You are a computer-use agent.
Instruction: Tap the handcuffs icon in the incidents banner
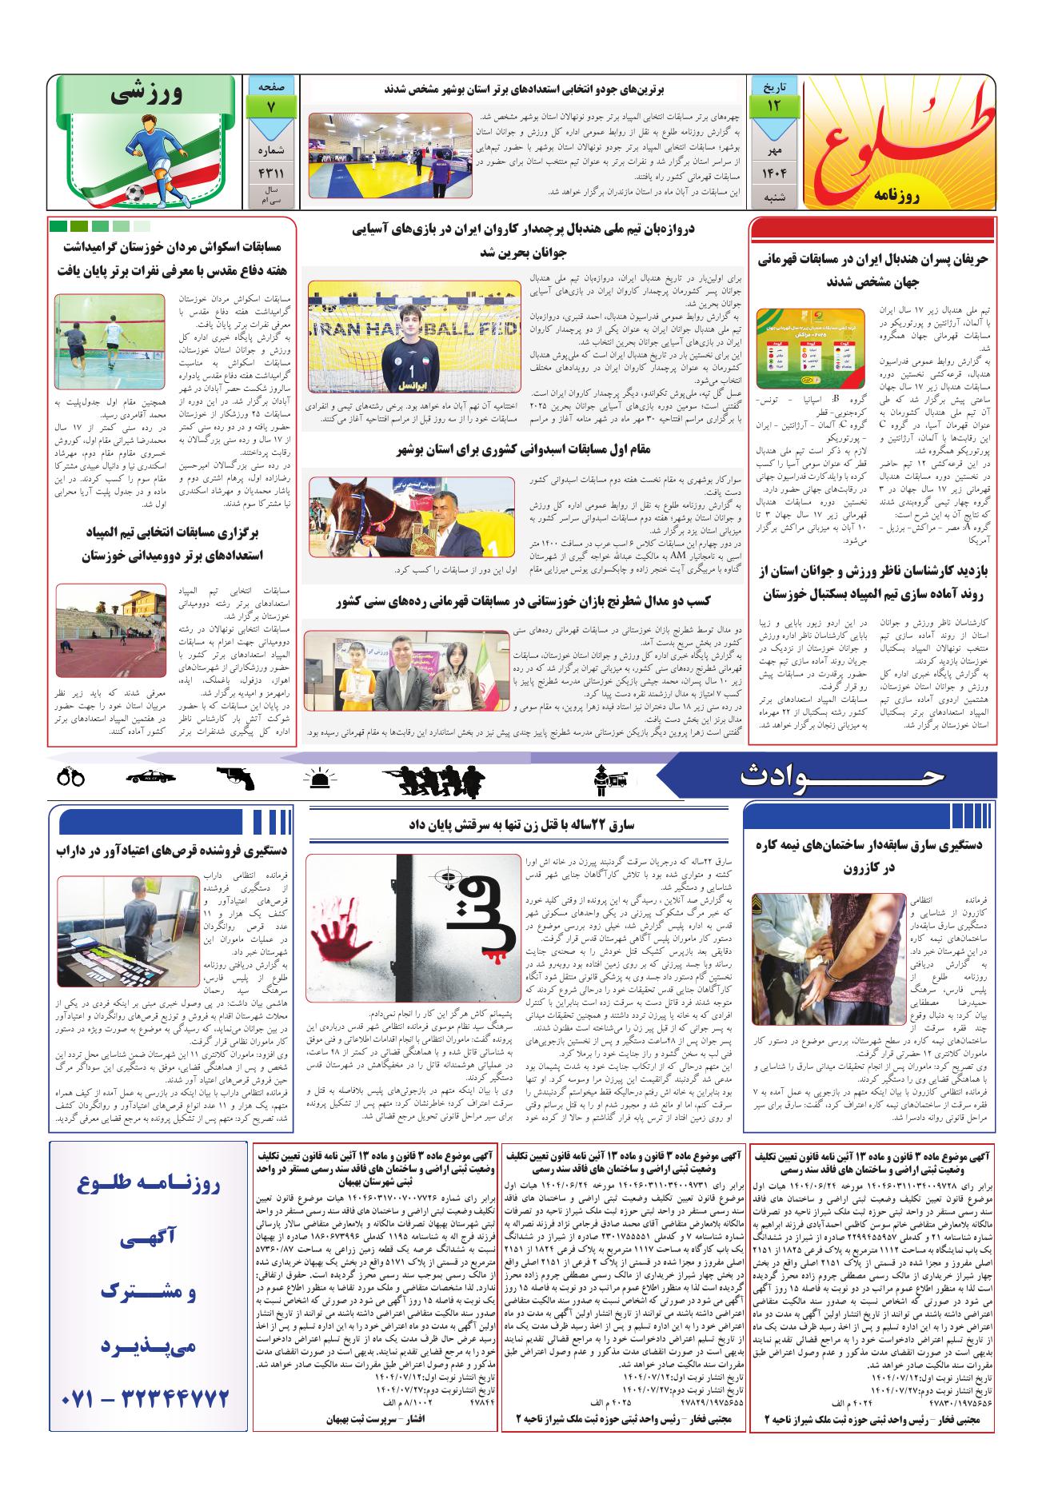(x=71, y=775)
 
